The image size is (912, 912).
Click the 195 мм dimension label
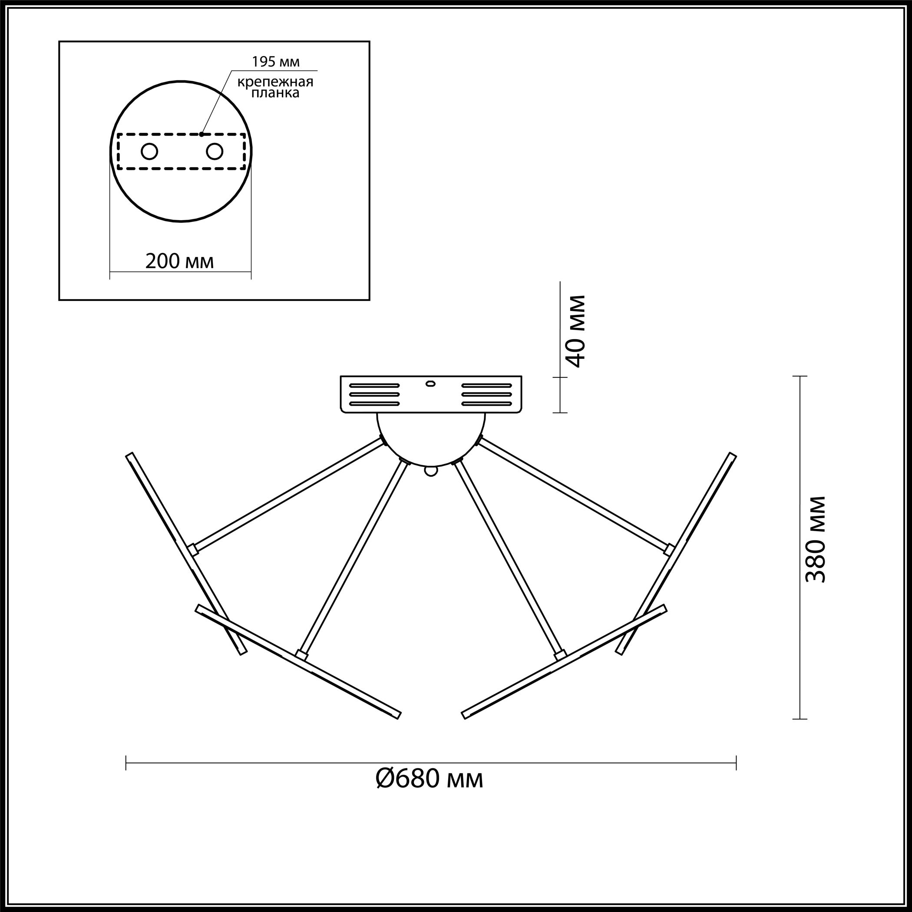click(x=276, y=62)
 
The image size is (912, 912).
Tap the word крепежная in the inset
click(x=275, y=82)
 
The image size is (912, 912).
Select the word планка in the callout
click(x=275, y=93)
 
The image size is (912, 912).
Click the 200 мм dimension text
click(x=179, y=261)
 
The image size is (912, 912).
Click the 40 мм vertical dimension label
click(x=576, y=331)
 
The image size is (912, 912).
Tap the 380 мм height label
click(x=816, y=539)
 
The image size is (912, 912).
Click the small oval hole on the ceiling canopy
click(x=430, y=383)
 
